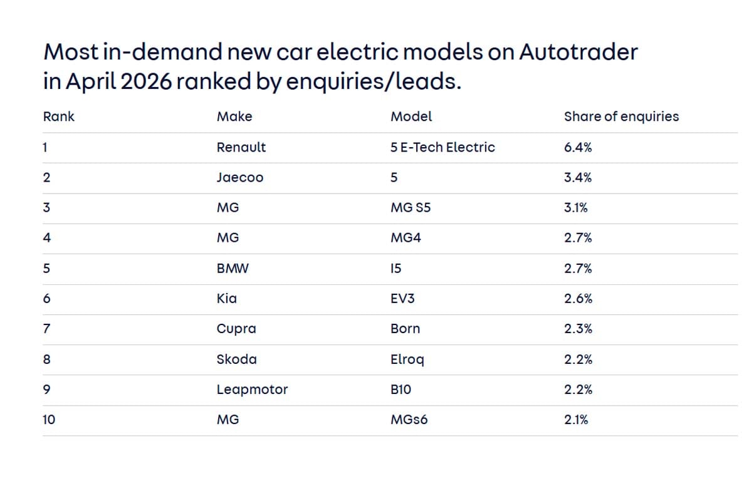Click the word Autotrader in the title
tap(577, 52)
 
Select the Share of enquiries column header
tap(621, 116)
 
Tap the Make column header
tap(234, 116)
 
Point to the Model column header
tap(411, 116)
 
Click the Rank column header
tap(58, 116)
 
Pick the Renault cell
tap(241, 147)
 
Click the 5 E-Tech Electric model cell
tap(442, 147)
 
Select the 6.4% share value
tap(578, 147)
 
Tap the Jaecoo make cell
tap(240, 178)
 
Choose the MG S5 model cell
tap(410, 208)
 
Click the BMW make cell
tap(232, 269)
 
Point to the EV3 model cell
tap(402, 299)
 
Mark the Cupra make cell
tap(236, 329)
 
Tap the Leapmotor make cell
tap(252, 390)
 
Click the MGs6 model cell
tap(409, 420)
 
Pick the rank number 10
tap(49, 420)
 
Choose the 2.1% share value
tap(576, 420)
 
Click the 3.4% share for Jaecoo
tap(578, 178)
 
